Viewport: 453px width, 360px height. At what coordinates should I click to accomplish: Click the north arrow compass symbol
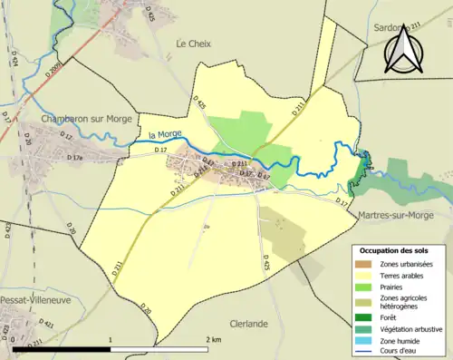point(404,49)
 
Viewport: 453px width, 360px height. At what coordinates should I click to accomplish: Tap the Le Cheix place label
point(193,43)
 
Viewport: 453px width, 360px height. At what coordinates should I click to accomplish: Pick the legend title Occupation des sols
point(395,250)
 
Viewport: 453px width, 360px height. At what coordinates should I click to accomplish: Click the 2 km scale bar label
point(213,339)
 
